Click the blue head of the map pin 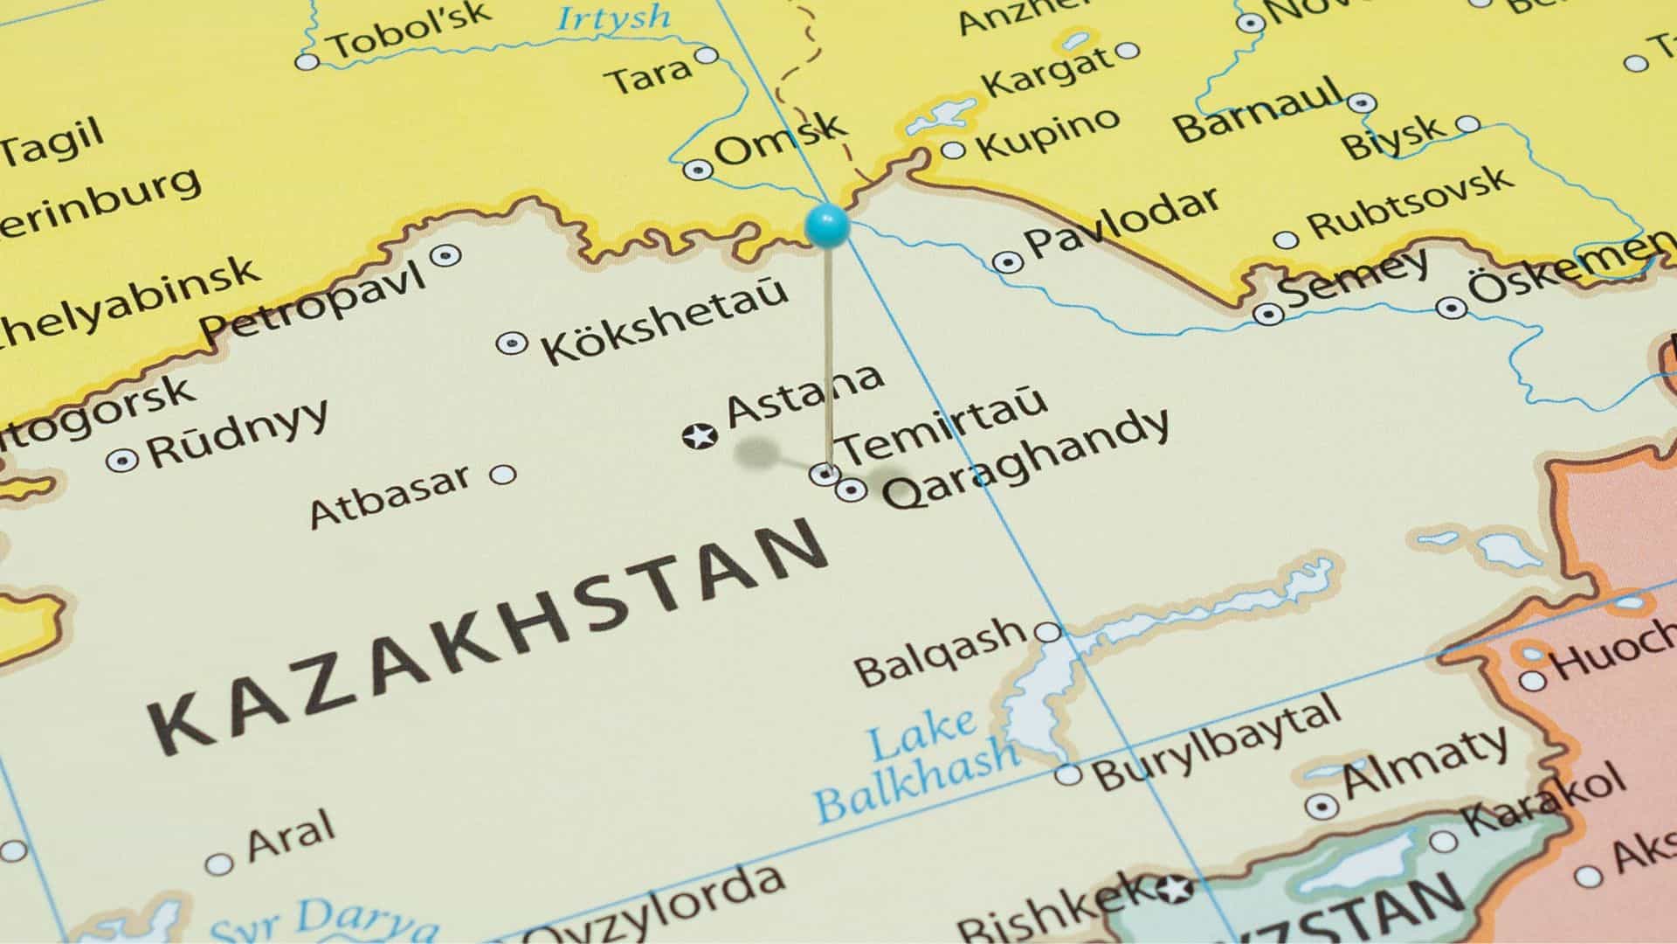826,225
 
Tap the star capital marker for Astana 700,435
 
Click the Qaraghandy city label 1025,460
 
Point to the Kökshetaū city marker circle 512,343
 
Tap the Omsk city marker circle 697,170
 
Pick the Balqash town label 940,652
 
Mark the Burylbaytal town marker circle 1068,774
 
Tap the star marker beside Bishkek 1172,891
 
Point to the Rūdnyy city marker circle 122,460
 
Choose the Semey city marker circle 1268,313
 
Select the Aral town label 291,835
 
